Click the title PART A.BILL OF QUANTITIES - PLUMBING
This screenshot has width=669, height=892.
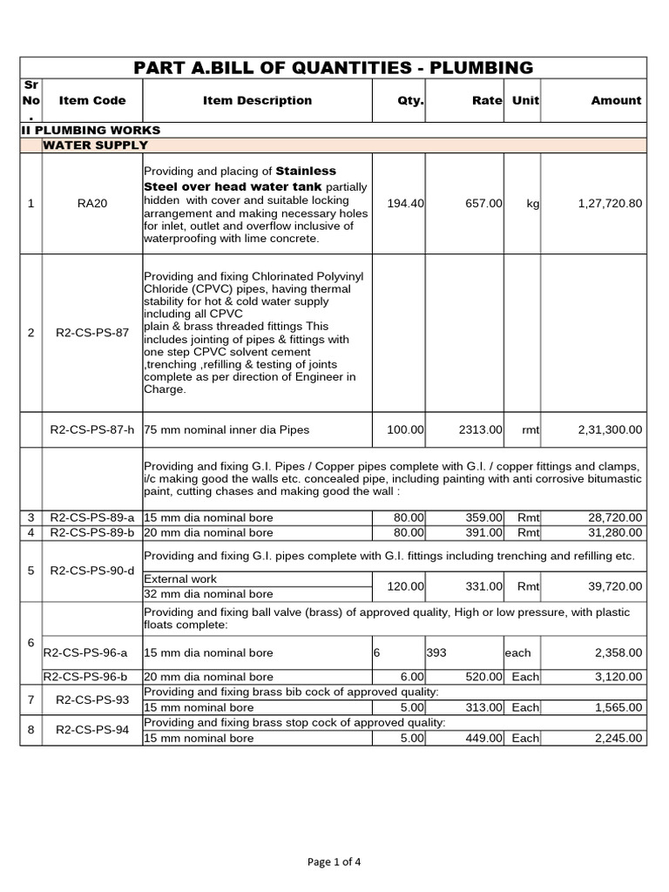click(334, 68)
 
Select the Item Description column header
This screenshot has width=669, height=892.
click(257, 100)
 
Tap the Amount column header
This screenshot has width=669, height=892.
click(615, 100)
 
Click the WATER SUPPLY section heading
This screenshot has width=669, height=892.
click(96, 145)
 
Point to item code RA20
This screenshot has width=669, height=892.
click(91, 203)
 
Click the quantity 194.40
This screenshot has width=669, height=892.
click(405, 203)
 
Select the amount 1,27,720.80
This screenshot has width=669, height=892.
click(609, 203)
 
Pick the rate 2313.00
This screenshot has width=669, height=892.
click(480, 429)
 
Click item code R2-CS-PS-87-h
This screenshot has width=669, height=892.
click(91, 429)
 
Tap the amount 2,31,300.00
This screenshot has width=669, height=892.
click(609, 429)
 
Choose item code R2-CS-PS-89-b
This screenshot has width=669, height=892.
click(91, 532)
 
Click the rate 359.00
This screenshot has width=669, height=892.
click(483, 517)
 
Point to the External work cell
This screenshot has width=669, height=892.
click(180, 578)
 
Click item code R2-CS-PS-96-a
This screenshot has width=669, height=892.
click(85, 652)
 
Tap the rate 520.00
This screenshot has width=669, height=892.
click(483, 677)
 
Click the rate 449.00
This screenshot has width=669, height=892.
click(483, 739)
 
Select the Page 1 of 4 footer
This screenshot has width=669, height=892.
click(334, 862)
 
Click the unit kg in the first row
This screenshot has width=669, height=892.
click(532, 203)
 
